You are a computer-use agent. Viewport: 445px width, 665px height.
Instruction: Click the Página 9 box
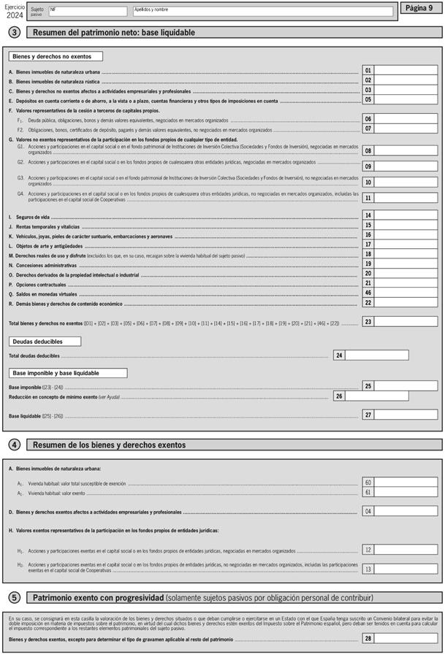click(420, 8)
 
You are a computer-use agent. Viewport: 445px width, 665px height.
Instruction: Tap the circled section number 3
click(14, 32)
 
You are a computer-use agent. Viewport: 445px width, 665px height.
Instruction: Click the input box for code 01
click(406, 71)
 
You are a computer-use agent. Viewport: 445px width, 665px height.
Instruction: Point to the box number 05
click(368, 100)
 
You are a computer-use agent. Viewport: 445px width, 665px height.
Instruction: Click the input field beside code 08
click(406, 150)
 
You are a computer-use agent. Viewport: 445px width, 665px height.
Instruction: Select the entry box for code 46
click(406, 293)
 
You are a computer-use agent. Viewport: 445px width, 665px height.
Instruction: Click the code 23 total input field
click(406, 322)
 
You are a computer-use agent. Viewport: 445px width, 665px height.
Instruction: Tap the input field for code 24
click(376, 355)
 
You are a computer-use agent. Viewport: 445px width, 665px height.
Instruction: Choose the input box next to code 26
click(376, 396)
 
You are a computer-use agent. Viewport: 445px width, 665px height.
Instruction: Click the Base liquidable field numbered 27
click(406, 415)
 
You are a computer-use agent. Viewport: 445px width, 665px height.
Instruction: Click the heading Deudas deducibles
click(45, 341)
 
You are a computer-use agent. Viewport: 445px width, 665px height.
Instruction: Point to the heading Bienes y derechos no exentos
click(56, 56)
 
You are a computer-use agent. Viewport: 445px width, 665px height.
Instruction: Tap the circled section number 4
click(14, 445)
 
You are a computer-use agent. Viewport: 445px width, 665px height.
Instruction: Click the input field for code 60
click(406, 483)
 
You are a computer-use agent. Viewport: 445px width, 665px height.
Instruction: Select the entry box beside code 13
click(406, 569)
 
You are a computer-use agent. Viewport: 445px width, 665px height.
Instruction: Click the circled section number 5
click(14, 597)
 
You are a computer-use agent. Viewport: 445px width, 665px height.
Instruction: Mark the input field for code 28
click(406, 638)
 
